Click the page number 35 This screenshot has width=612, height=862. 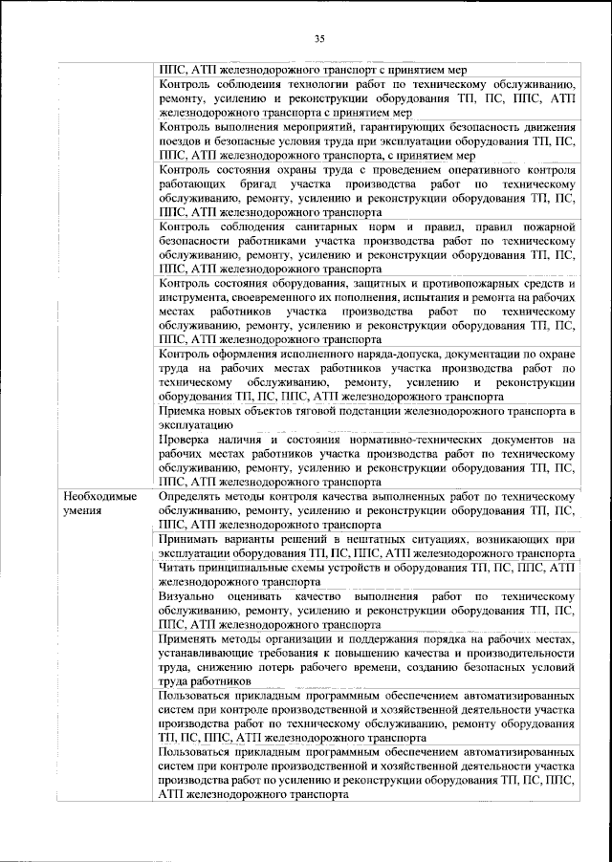tap(319, 38)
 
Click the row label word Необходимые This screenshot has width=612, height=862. tap(99, 498)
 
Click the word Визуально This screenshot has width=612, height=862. tap(189, 597)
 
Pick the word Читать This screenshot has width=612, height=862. tap(180, 569)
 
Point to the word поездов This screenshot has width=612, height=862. tap(184, 140)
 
